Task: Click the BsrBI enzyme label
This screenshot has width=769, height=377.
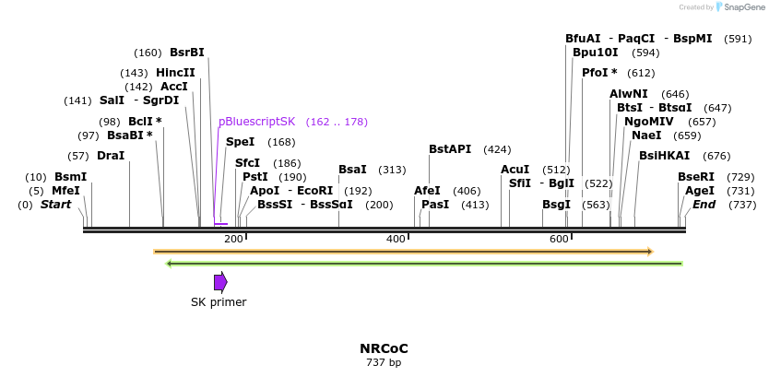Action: point(187,53)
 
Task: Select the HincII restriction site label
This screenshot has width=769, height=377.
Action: point(175,73)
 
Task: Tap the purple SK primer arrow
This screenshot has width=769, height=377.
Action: point(220,282)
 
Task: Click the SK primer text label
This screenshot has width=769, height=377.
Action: point(219,301)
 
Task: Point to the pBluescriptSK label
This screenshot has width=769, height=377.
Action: point(256,122)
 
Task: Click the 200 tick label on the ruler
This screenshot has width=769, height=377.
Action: point(233,240)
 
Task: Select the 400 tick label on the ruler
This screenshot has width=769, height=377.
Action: point(396,240)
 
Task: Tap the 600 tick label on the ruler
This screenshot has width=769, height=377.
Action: point(559,240)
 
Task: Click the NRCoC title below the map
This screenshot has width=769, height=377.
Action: point(384,348)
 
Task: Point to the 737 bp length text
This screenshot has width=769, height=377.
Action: point(384,362)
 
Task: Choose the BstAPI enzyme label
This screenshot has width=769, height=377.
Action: point(450,149)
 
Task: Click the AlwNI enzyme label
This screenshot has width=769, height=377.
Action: point(629,94)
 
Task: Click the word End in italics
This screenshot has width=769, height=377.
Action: point(704,204)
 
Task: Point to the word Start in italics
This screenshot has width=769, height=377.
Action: point(55,204)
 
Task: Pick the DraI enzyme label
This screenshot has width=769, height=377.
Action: point(111,156)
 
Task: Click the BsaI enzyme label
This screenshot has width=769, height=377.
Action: point(352,170)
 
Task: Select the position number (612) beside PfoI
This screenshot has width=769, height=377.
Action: point(640,73)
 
